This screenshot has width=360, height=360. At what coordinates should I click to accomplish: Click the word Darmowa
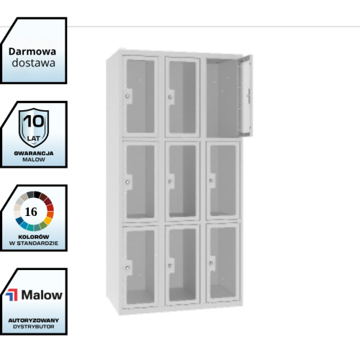tap(32, 52)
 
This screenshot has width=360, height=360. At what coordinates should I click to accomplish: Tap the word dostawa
tap(34, 63)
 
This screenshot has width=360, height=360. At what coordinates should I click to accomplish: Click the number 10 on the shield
tap(34, 121)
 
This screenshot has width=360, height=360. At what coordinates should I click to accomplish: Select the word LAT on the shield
tap(33, 138)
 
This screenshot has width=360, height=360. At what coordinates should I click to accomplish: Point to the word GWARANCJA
tap(34, 153)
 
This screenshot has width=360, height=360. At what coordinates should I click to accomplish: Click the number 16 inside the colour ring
tap(31, 212)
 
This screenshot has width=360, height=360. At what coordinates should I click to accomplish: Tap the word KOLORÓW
tap(34, 237)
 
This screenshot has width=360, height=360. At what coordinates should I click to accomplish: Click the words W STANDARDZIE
tap(34, 243)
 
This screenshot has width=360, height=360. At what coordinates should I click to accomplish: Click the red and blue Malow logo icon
tap(12, 294)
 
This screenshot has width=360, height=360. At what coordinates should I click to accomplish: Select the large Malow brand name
tap(42, 294)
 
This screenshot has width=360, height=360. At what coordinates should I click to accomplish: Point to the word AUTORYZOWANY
tap(34, 320)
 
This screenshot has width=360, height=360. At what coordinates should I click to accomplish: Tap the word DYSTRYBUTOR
tap(34, 327)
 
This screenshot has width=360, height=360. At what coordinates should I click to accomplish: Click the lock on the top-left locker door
tap(127, 96)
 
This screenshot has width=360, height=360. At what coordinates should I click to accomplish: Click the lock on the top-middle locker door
tap(170, 97)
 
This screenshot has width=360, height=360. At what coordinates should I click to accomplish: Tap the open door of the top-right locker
tap(246, 95)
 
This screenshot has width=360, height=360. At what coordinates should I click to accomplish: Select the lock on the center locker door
tap(170, 181)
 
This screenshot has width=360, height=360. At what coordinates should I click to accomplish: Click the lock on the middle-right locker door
tap(211, 180)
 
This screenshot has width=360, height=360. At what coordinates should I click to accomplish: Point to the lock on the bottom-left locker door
tap(127, 268)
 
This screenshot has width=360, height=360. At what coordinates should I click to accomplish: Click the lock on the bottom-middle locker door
tap(170, 266)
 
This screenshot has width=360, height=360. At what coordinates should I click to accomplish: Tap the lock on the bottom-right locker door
tap(211, 264)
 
